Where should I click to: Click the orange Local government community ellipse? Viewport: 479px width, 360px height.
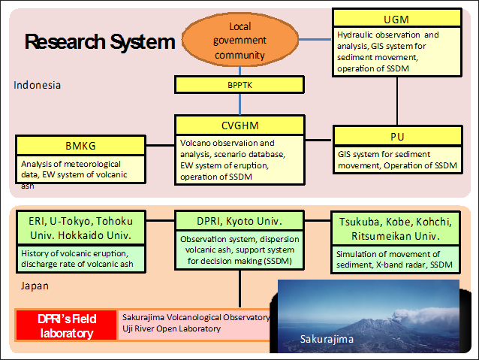point(240,40)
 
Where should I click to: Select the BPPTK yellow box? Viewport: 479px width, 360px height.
point(239,85)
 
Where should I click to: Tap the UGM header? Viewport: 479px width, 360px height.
point(396,18)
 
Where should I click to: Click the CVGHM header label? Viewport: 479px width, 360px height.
point(239,126)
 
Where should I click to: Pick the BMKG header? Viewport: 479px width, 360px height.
point(80,146)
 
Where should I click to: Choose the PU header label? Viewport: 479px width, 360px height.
point(397,137)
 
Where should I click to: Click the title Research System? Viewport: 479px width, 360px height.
point(100,41)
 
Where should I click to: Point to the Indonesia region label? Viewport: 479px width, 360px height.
point(37,85)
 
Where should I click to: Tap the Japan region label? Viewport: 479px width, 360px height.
point(35,286)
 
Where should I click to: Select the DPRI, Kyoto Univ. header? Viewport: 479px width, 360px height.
point(239,220)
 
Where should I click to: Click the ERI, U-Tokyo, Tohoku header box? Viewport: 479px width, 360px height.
point(81,228)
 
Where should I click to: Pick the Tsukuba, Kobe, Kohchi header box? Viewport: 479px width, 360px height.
point(396,228)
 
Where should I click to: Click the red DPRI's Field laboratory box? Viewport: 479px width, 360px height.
point(67,325)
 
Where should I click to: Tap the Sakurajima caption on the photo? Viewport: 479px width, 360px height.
point(327,339)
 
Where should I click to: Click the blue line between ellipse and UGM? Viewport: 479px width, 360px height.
point(315,39)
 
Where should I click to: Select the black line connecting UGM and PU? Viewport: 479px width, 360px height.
point(397,101)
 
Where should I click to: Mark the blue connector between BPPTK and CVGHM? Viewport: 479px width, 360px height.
point(239,104)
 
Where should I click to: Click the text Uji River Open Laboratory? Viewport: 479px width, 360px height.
point(172,328)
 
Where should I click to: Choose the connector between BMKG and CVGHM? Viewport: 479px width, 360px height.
point(160,145)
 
